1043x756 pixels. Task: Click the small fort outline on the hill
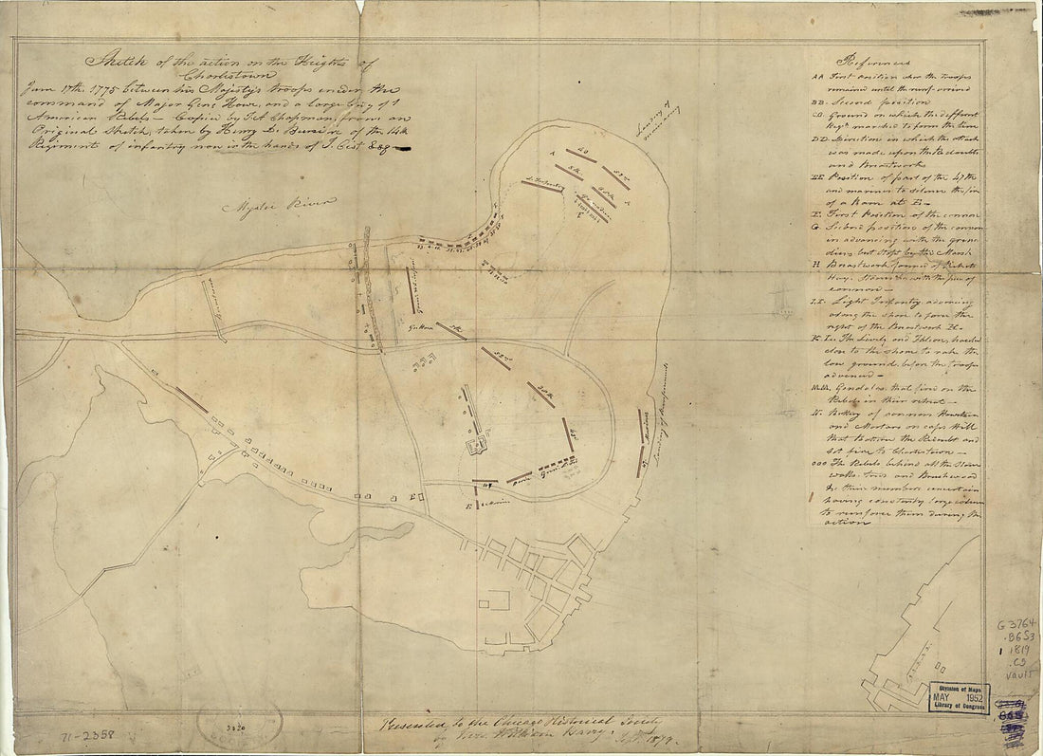pyautogui.click(x=476, y=443)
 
